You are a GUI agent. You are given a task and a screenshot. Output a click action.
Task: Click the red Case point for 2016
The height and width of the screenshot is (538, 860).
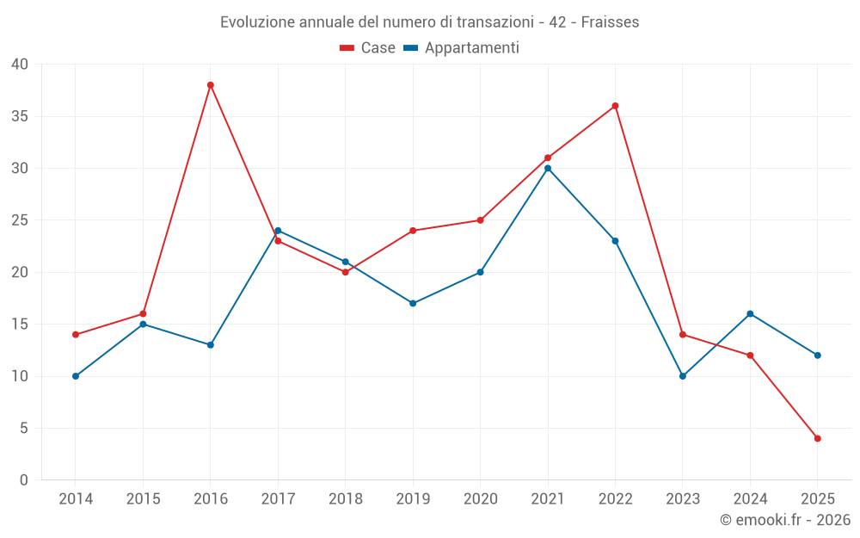pyautogui.click(x=211, y=85)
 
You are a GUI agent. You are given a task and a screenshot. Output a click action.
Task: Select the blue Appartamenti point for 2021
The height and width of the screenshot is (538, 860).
pyautogui.click(x=548, y=169)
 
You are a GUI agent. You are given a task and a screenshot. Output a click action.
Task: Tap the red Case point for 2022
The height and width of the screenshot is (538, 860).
pyautogui.click(x=616, y=106)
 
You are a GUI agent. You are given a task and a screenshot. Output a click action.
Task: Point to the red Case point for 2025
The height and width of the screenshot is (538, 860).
pyautogui.click(x=818, y=439)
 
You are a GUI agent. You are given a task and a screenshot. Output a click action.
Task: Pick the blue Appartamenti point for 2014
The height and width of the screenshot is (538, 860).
pyautogui.click(x=76, y=376)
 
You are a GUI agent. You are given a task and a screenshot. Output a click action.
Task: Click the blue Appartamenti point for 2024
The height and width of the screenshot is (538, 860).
pyautogui.click(x=750, y=314)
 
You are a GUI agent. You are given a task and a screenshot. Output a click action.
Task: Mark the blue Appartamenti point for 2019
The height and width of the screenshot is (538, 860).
pyautogui.click(x=413, y=303)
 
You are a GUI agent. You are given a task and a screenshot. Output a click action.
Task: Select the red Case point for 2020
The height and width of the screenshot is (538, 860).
pyautogui.click(x=481, y=220)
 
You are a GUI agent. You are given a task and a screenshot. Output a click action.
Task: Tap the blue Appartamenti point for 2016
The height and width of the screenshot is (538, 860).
pyautogui.click(x=211, y=345)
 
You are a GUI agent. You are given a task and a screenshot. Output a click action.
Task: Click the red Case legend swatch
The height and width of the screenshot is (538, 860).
pyautogui.click(x=347, y=48)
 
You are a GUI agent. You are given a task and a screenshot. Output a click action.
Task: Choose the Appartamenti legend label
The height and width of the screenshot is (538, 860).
pyautogui.click(x=471, y=48)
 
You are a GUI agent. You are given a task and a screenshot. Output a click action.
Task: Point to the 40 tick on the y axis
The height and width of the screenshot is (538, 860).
pyautogui.click(x=20, y=65)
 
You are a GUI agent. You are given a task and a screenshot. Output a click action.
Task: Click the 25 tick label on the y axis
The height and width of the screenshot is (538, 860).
pyautogui.click(x=20, y=220)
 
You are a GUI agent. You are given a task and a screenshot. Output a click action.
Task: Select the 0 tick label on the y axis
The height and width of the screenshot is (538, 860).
pyautogui.click(x=24, y=480)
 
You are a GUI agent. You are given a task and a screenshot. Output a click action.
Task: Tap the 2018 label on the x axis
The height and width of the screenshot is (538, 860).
pyautogui.click(x=346, y=499)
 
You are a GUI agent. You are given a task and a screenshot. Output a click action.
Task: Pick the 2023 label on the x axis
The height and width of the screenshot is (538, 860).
pyautogui.click(x=683, y=499)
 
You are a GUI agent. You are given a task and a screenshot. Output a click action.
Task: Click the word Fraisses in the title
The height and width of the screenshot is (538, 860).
pyautogui.click(x=610, y=22)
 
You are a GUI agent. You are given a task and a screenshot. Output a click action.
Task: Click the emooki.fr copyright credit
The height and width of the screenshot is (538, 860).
pyautogui.click(x=785, y=520)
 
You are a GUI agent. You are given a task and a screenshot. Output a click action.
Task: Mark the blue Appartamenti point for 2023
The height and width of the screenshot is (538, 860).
pyautogui.click(x=683, y=376)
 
